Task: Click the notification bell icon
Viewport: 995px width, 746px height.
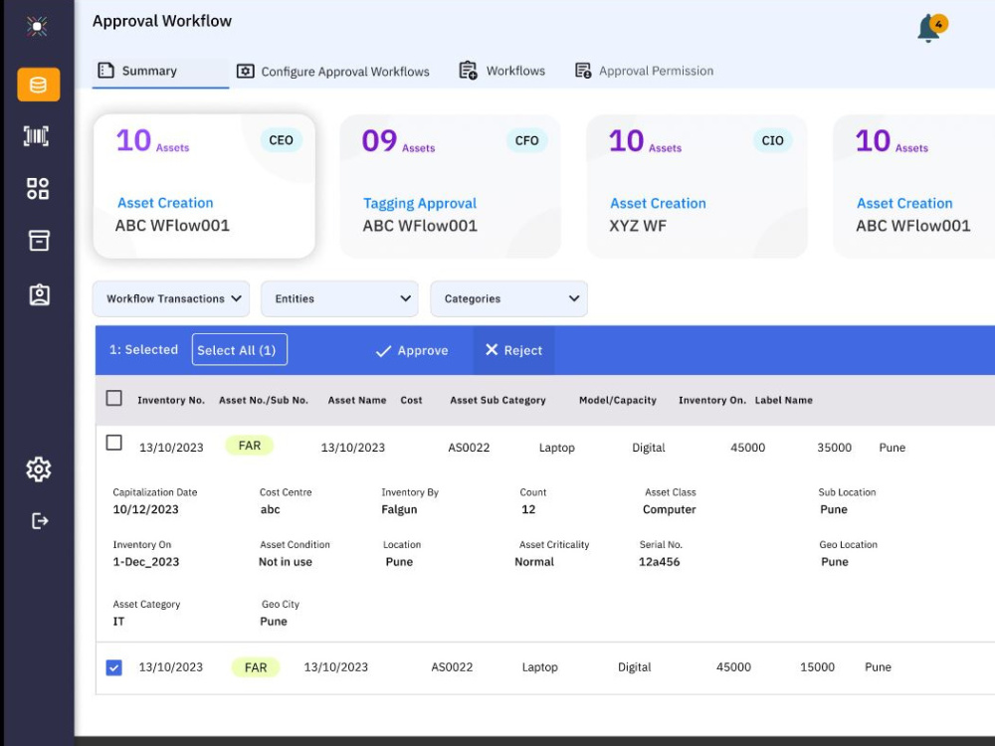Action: click(x=929, y=29)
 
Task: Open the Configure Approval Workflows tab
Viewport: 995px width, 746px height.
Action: click(x=333, y=71)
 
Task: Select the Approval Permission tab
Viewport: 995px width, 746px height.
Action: click(x=644, y=71)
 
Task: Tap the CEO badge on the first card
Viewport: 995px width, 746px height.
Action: click(x=282, y=140)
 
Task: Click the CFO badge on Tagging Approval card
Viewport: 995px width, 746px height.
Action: click(x=526, y=140)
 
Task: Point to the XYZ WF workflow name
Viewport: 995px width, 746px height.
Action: click(x=638, y=226)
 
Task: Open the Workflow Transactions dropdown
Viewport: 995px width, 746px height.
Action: click(x=171, y=298)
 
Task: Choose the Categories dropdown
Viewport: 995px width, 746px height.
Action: click(x=508, y=298)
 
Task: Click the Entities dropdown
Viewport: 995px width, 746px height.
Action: click(x=339, y=298)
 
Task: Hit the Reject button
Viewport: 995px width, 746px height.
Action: click(x=514, y=350)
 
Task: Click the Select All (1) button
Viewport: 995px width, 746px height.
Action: click(x=239, y=349)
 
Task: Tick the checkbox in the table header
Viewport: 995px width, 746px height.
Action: click(x=114, y=398)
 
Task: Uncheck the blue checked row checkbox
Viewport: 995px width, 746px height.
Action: click(x=114, y=667)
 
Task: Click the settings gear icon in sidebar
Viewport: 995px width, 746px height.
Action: click(x=39, y=469)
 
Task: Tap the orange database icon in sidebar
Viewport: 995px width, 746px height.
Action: click(x=39, y=85)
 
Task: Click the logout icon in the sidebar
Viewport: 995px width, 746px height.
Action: click(x=40, y=521)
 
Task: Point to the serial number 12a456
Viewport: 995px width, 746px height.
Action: click(x=660, y=562)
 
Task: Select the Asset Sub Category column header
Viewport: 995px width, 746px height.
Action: click(x=498, y=400)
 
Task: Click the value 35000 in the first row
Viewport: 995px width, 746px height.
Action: click(x=835, y=448)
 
